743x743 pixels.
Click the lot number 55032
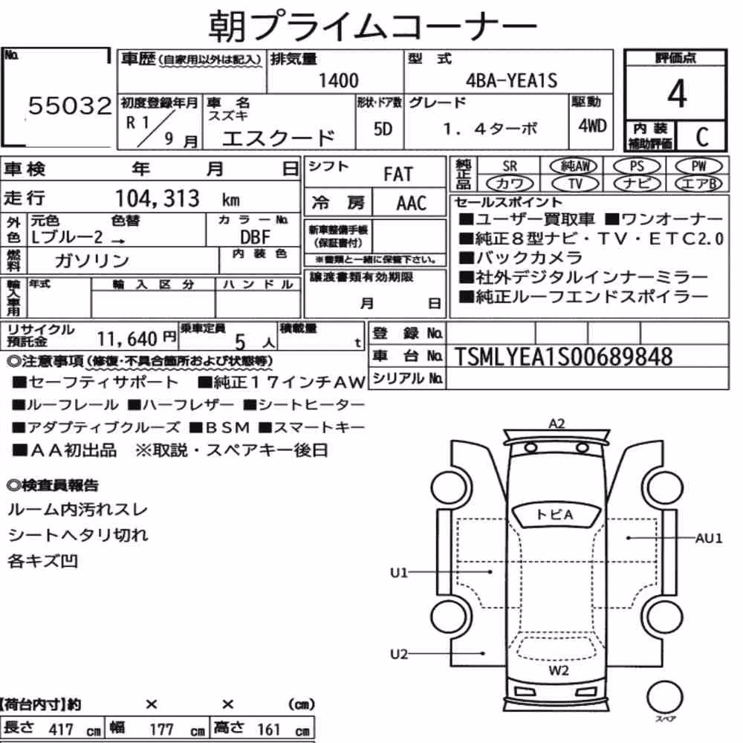coord(70,106)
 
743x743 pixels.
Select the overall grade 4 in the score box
coord(677,94)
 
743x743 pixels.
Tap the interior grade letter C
coord(702,137)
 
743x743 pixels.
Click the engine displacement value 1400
coord(338,80)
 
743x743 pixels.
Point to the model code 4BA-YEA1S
coord(511,80)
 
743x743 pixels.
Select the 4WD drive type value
coord(592,126)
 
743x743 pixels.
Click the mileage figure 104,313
coord(158,198)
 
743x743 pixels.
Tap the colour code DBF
coord(255,237)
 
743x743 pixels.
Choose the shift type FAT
coord(398,174)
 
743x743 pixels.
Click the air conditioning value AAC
coord(412,203)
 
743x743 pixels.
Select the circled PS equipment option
coord(637,166)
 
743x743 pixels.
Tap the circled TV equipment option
coord(575,184)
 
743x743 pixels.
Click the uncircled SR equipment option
coord(510,166)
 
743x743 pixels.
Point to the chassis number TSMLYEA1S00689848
coord(563,357)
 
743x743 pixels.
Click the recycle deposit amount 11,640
coord(127,339)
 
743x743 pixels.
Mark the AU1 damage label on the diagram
coord(708,538)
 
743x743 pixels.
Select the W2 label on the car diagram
coord(559,670)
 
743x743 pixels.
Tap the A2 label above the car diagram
coord(557,424)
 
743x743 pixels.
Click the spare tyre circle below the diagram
coord(664,697)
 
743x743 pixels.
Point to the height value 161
coord(269,730)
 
